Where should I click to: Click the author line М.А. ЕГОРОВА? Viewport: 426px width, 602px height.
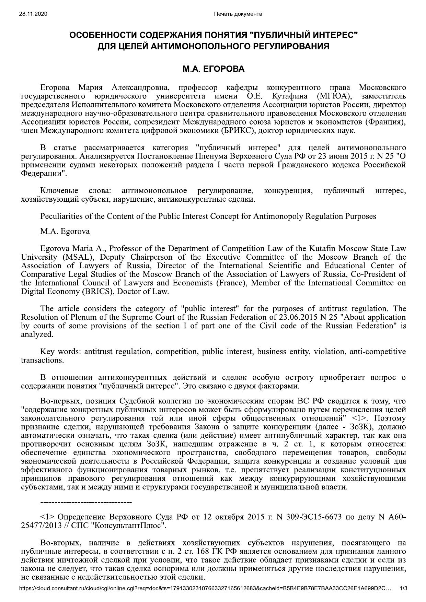click(213, 69)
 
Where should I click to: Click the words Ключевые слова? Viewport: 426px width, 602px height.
click(75, 191)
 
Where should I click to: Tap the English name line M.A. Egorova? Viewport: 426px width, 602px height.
click(65, 232)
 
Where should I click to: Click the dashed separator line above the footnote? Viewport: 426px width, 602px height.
click(86, 503)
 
